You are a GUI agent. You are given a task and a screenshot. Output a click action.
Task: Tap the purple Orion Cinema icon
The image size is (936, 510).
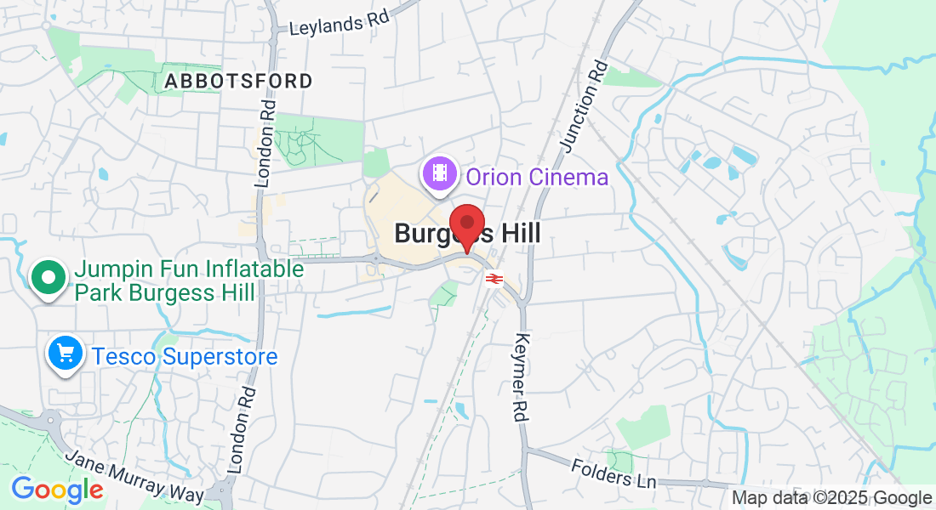click(x=439, y=174)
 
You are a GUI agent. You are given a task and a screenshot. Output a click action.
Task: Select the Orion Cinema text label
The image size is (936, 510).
click(x=536, y=178)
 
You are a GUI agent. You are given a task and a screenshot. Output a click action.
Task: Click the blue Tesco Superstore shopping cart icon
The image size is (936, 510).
click(x=66, y=354)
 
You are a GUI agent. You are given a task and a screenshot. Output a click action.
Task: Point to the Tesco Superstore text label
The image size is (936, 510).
click(x=185, y=356)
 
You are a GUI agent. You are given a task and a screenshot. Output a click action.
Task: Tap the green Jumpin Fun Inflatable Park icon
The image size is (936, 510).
click(x=49, y=278)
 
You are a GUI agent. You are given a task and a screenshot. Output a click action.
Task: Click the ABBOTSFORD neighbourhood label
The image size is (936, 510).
click(x=238, y=82)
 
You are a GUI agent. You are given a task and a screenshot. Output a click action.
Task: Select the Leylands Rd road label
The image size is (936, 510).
click(x=339, y=25)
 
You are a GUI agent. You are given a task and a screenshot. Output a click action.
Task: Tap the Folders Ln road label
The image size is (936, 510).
click(x=614, y=473)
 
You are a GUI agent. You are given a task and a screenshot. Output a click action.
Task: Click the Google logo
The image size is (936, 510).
click(x=57, y=490)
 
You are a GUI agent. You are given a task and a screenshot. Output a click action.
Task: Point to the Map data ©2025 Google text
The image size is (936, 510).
click(x=831, y=498)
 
